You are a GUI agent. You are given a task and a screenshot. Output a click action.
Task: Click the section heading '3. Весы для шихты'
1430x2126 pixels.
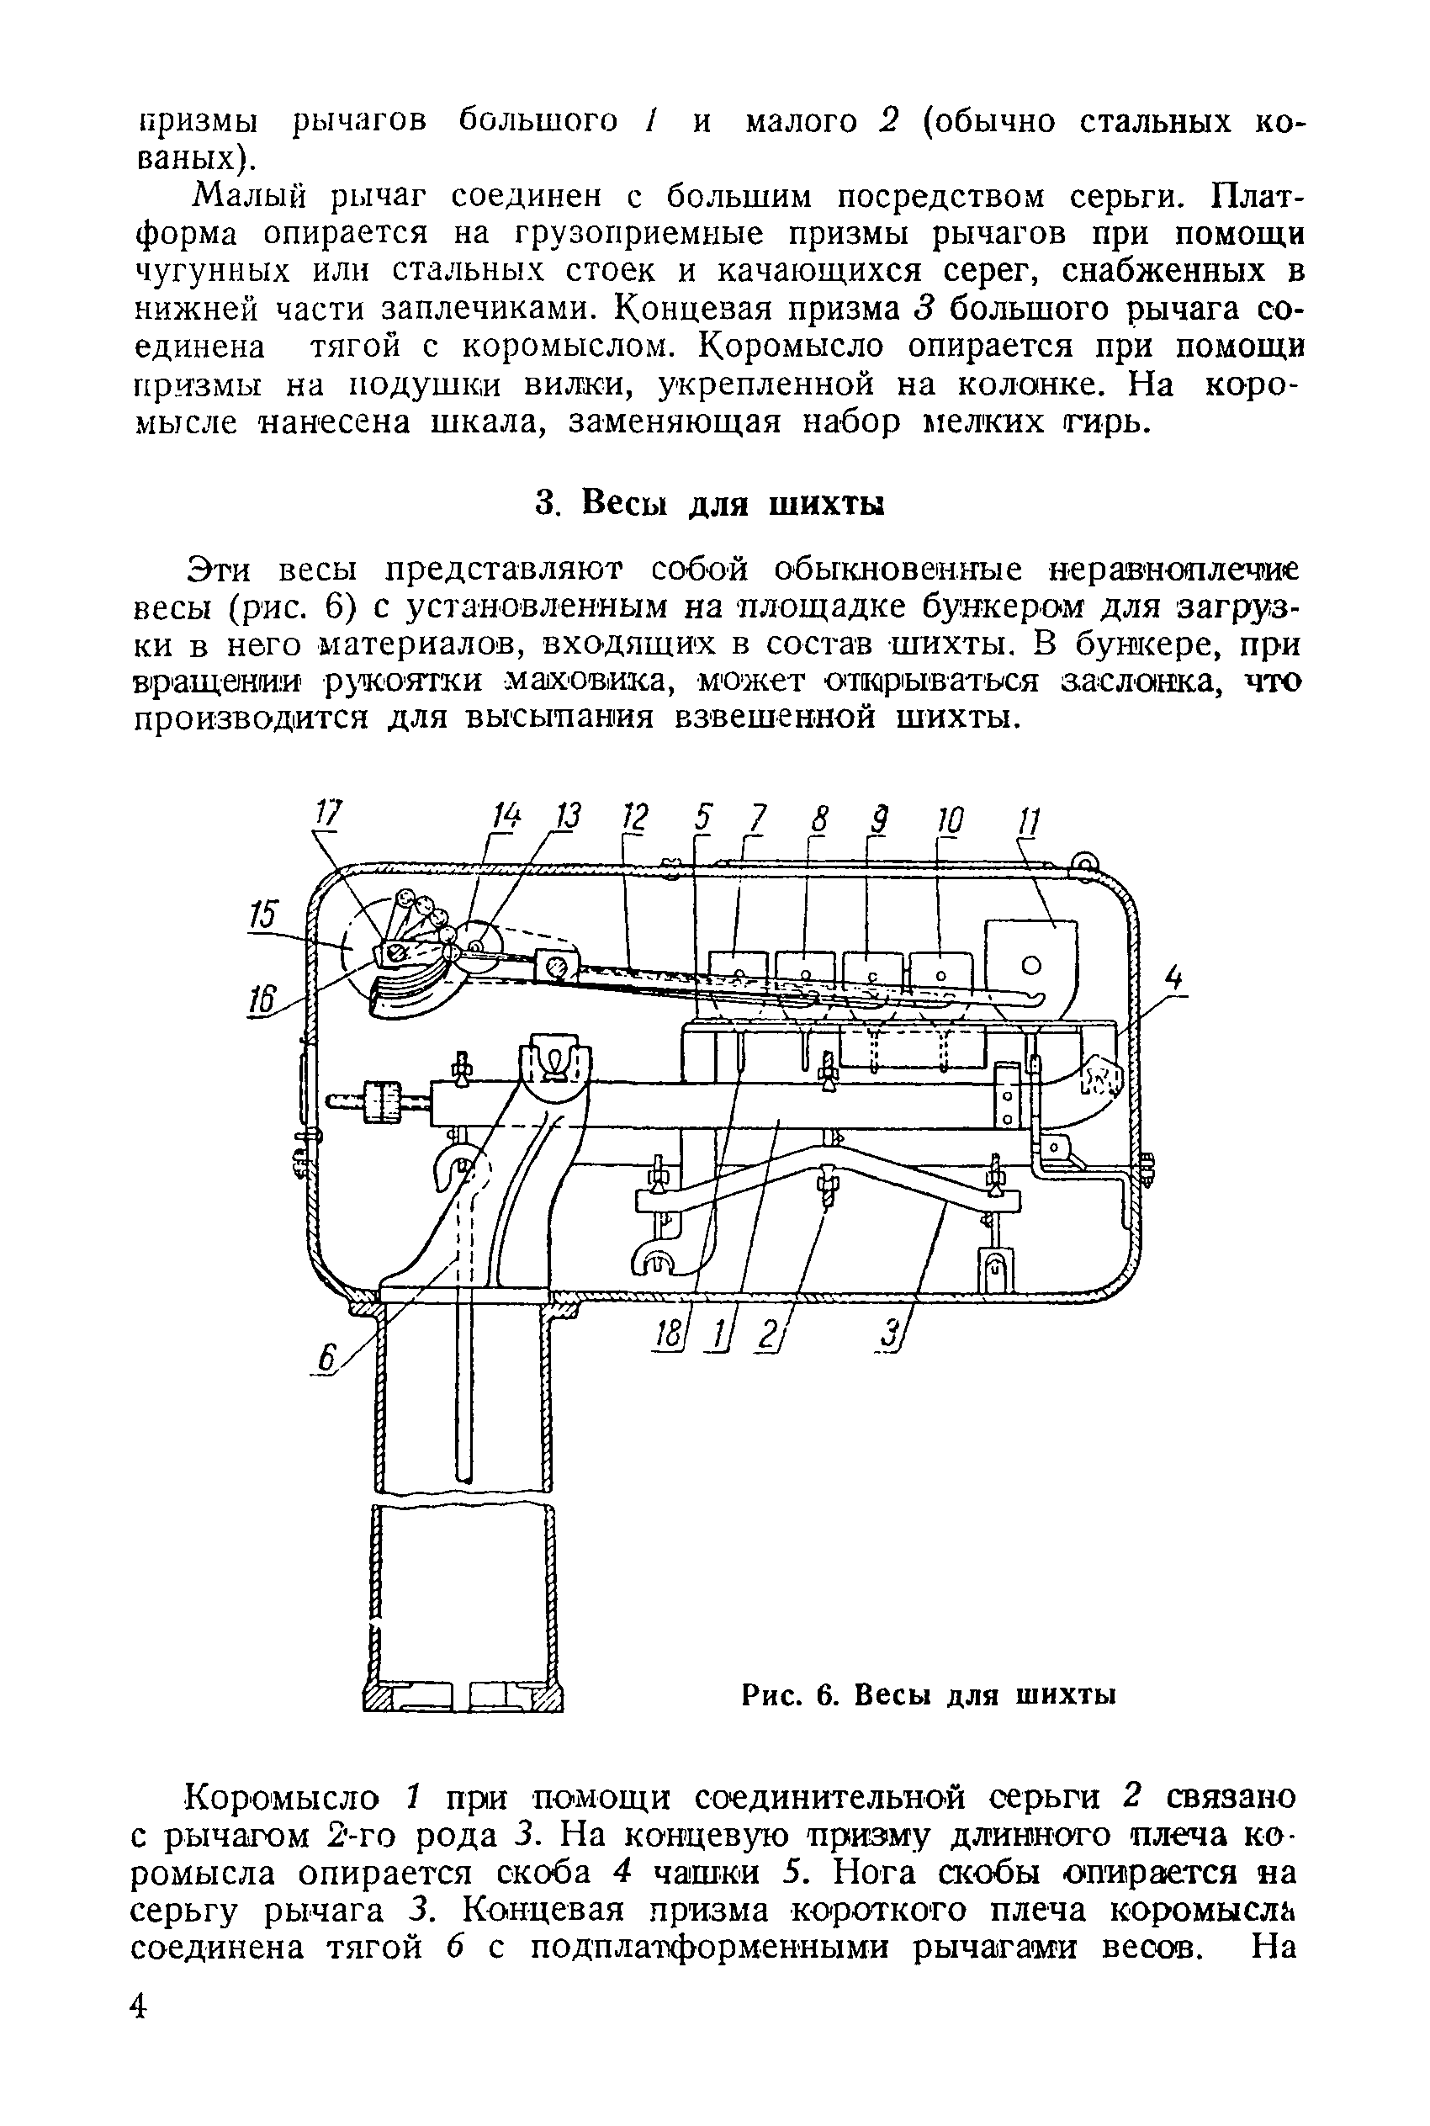(709, 503)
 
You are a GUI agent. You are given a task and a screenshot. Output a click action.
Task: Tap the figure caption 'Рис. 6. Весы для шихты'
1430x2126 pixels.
(929, 1694)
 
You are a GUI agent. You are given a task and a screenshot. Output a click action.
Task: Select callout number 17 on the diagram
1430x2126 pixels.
(329, 814)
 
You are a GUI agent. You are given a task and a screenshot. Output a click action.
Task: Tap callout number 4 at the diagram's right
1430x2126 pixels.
(1174, 979)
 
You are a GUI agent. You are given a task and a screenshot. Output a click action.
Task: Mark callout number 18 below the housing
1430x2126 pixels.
(668, 1335)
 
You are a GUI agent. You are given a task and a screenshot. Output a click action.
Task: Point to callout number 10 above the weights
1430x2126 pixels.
(949, 819)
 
